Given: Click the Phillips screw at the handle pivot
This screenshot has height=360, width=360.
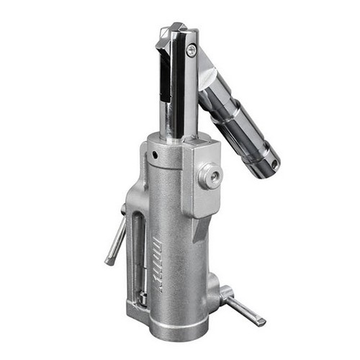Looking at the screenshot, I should coord(191,50).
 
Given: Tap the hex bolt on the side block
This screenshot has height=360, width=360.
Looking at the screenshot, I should coord(210,176).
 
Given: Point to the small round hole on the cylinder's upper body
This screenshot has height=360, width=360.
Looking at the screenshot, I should coord(154,154).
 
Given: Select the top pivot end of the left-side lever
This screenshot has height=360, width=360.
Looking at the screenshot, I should coord(123,212).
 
